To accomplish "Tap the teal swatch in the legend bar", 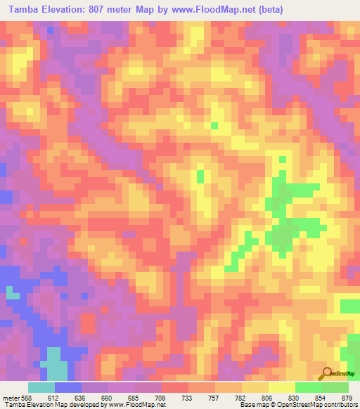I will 41,387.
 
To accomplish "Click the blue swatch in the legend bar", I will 68,387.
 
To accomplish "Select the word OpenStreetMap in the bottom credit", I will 295,405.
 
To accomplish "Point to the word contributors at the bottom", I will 342,405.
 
